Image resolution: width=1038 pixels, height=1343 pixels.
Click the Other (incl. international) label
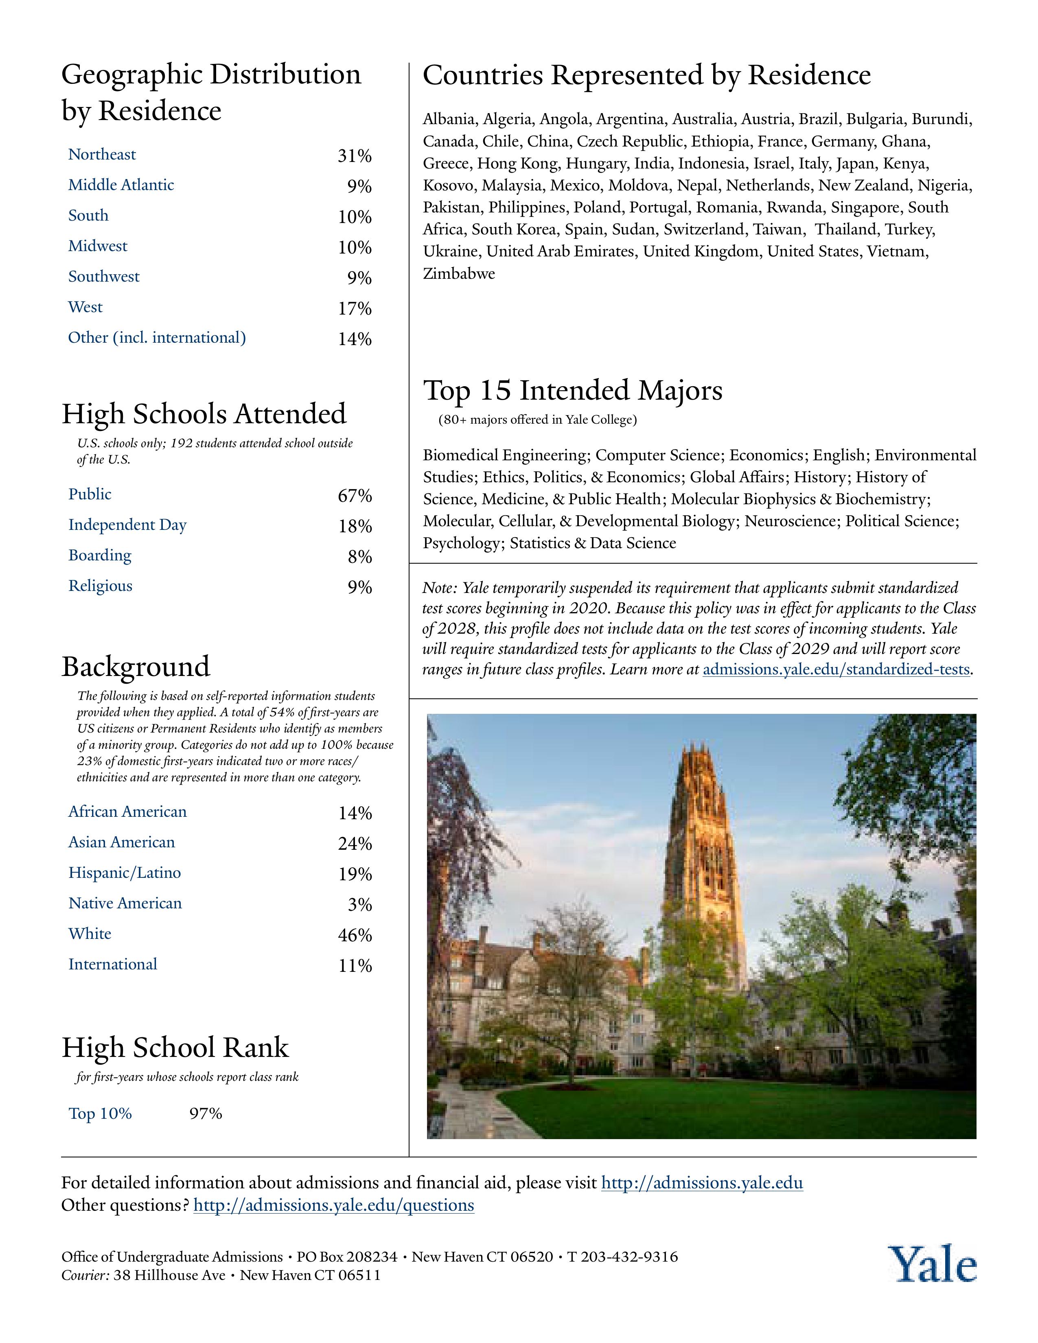click(x=157, y=338)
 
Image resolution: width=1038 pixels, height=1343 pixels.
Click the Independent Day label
click(x=127, y=525)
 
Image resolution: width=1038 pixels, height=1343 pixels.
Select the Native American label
click(x=125, y=903)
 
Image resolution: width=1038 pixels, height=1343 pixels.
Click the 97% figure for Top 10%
click(x=206, y=1113)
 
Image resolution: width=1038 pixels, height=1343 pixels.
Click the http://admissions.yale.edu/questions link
click(x=333, y=1205)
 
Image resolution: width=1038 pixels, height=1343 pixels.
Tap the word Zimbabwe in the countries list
click(x=459, y=273)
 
